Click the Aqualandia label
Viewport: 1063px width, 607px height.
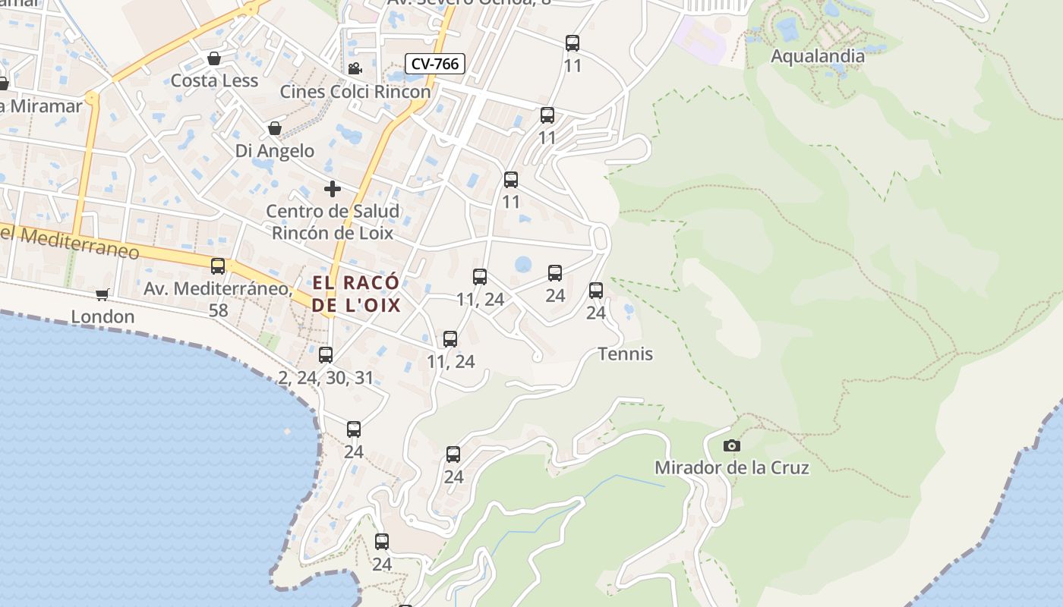(x=817, y=56)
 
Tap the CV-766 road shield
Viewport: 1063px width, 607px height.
(x=435, y=64)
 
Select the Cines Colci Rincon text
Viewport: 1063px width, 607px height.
(x=355, y=92)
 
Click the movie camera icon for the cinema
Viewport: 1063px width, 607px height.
(x=355, y=69)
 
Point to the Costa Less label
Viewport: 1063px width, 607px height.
(x=214, y=80)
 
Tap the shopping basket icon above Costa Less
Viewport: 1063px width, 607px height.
(x=214, y=59)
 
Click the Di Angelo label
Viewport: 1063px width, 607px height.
(x=274, y=151)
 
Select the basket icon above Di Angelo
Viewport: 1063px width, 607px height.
(x=275, y=129)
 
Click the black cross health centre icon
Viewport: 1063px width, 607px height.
(x=333, y=189)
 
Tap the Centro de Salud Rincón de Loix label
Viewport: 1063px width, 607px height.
(x=333, y=222)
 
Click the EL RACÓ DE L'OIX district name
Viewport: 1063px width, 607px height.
(x=356, y=294)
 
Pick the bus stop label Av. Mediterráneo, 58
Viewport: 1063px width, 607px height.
(x=219, y=298)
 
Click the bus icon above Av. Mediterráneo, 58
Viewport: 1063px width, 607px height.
(x=218, y=266)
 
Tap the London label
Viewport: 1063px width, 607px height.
(x=103, y=316)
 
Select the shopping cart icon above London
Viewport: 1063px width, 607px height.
(x=103, y=295)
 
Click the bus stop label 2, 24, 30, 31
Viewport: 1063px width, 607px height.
(x=326, y=378)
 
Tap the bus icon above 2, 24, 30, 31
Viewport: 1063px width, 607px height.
(x=326, y=354)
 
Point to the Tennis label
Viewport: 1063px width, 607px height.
(x=625, y=354)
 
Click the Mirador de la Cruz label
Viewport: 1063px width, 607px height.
(x=732, y=467)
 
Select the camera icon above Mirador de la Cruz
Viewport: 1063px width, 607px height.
(x=732, y=446)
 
